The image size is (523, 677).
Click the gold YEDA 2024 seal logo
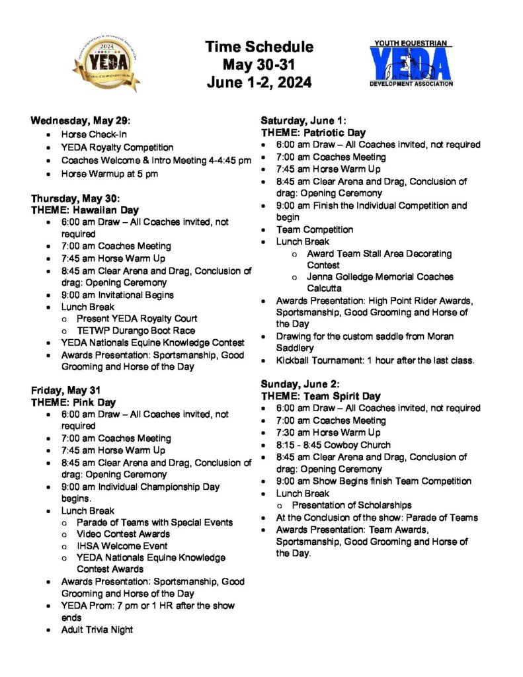106,65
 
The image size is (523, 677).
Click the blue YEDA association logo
411,63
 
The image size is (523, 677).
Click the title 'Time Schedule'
259,47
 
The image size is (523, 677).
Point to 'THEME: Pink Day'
73,402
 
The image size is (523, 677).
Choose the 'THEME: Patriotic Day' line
313,133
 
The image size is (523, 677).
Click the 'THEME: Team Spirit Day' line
321,396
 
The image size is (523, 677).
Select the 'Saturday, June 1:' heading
303,120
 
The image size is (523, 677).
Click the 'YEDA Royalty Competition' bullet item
117,147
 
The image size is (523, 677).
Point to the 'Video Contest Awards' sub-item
123,534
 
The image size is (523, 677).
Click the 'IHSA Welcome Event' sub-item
122,546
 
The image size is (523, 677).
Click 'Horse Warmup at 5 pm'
106,174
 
